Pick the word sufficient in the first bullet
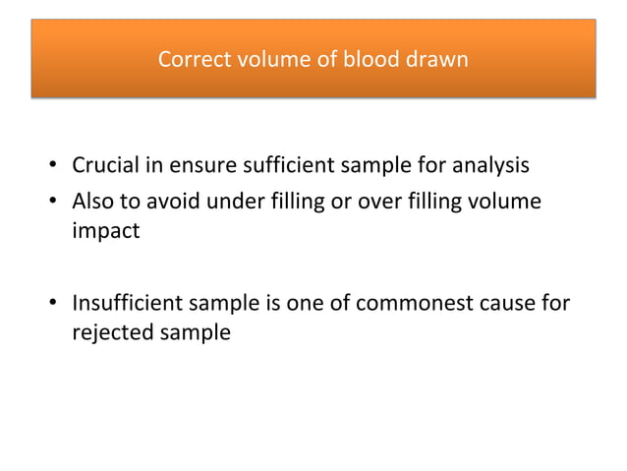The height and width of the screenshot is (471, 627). pos(297,162)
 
